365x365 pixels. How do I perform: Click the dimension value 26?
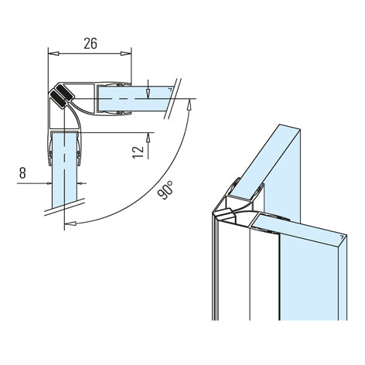[x=90, y=43]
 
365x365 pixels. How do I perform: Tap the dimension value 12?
[x=138, y=152]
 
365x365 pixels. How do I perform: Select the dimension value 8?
[x=22, y=172]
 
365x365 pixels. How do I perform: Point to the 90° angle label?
[x=165, y=190]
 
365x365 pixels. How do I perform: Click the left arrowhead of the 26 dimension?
[x=53, y=53]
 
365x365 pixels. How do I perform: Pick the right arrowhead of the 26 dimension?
[x=126, y=53]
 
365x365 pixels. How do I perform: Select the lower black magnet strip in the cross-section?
[x=59, y=100]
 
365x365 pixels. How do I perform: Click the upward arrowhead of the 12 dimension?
[x=148, y=138]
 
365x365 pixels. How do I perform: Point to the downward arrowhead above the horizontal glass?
[x=148, y=94]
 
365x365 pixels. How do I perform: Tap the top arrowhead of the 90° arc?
[x=189, y=104]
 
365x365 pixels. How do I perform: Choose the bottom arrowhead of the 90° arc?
[x=70, y=223]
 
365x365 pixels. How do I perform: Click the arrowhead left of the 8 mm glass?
[x=49, y=183]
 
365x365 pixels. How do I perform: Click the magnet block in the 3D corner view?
[x=224, y=213]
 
